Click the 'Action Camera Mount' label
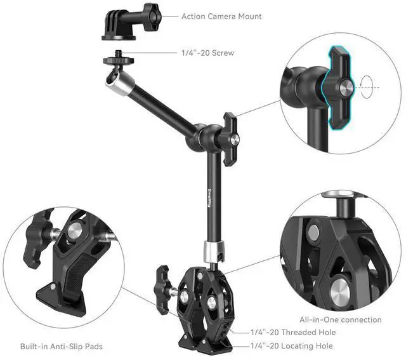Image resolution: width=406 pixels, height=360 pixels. pos(221,17)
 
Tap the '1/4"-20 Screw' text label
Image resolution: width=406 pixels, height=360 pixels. pos(207,53)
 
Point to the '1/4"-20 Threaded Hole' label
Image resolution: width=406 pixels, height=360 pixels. pos(292,332)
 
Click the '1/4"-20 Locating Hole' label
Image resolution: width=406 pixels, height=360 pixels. pos(291,346)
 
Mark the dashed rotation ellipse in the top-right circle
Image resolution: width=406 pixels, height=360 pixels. pos(367,86)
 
